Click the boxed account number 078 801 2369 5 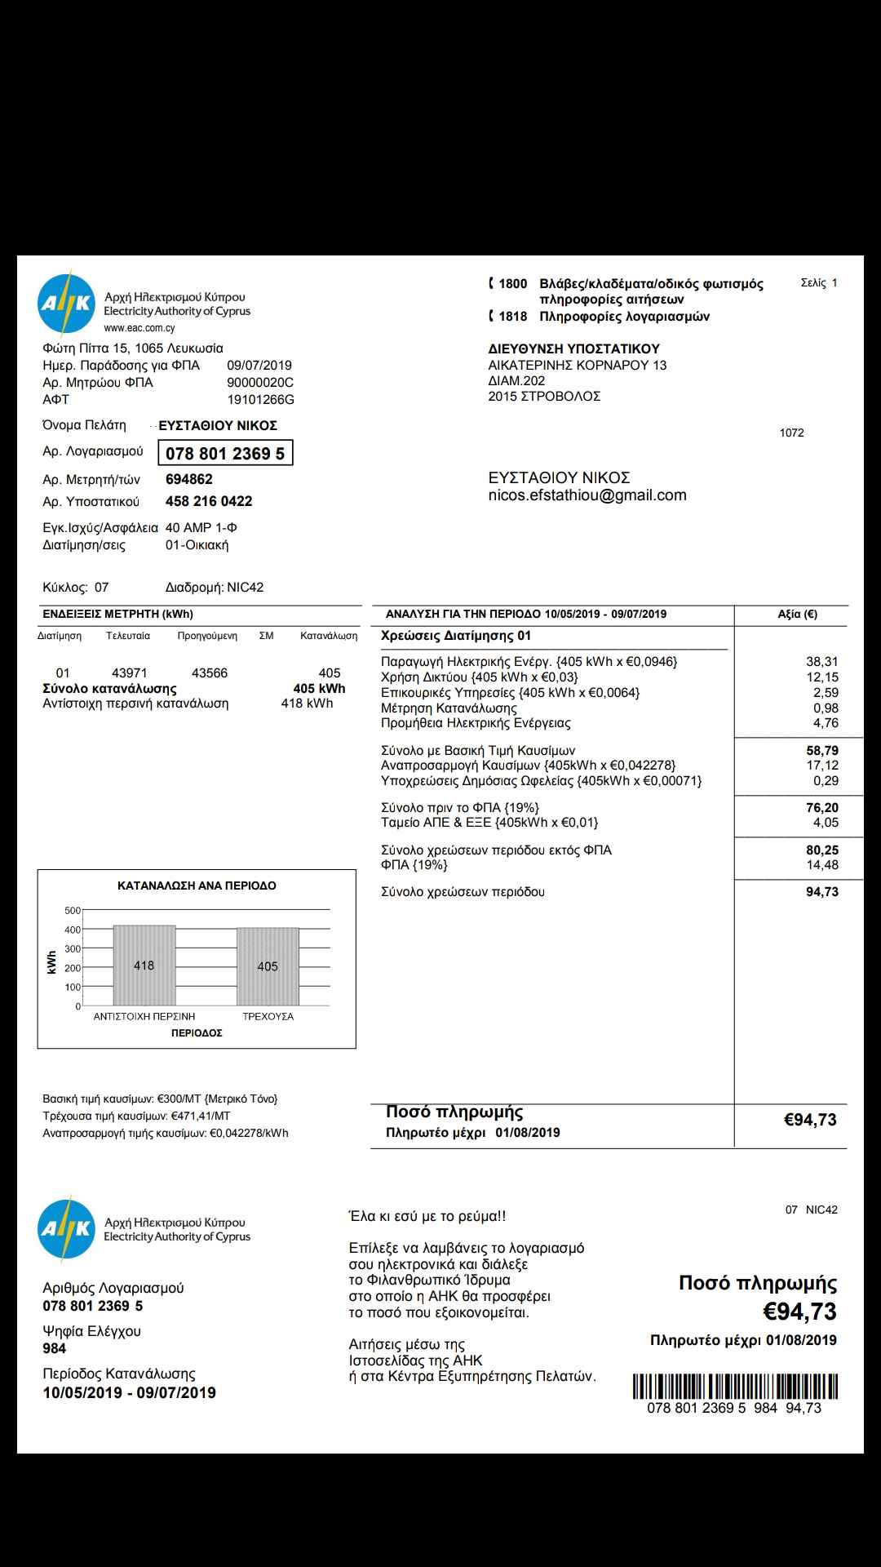(225, 454)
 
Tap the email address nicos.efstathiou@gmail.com (587, 495)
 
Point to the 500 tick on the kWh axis (73, 911)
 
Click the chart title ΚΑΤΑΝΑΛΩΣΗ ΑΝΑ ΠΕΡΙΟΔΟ (197, 886)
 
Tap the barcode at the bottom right (735, 1387)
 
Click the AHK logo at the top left (66, 304)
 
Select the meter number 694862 (189, 480)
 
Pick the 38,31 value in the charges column (822, 662)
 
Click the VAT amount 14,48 (822, 865)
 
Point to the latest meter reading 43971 (130, 673)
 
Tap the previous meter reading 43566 (210, 673)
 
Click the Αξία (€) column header (797, 615)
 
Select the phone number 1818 (513, 317)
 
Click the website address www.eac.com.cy (139, 328)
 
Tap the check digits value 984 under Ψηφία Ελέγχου (55, 1348)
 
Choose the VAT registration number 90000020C (260, 383)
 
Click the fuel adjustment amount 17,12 (822, 766)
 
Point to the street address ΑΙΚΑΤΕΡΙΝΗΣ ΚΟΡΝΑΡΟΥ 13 (578, 365)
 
